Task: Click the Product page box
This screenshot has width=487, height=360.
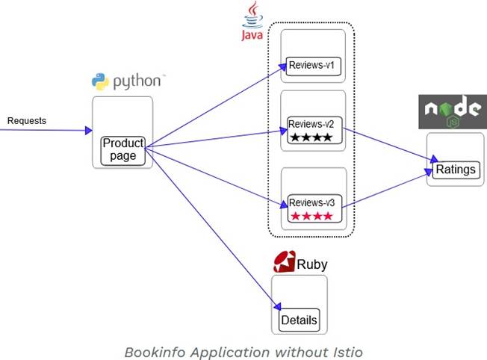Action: click(122, 149)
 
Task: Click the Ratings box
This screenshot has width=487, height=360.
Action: click(455, 169)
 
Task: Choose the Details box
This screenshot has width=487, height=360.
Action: click(299, 320)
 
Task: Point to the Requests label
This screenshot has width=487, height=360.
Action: click(27, 120)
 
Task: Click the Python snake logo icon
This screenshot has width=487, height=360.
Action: click(100, 81)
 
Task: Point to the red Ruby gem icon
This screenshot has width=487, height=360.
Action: click(284, 261)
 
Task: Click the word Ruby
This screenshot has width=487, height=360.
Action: click(312, 264)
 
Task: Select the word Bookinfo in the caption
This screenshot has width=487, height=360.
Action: click(153, 350)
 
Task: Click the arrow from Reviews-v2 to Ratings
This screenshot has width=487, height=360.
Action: click(388, 143)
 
